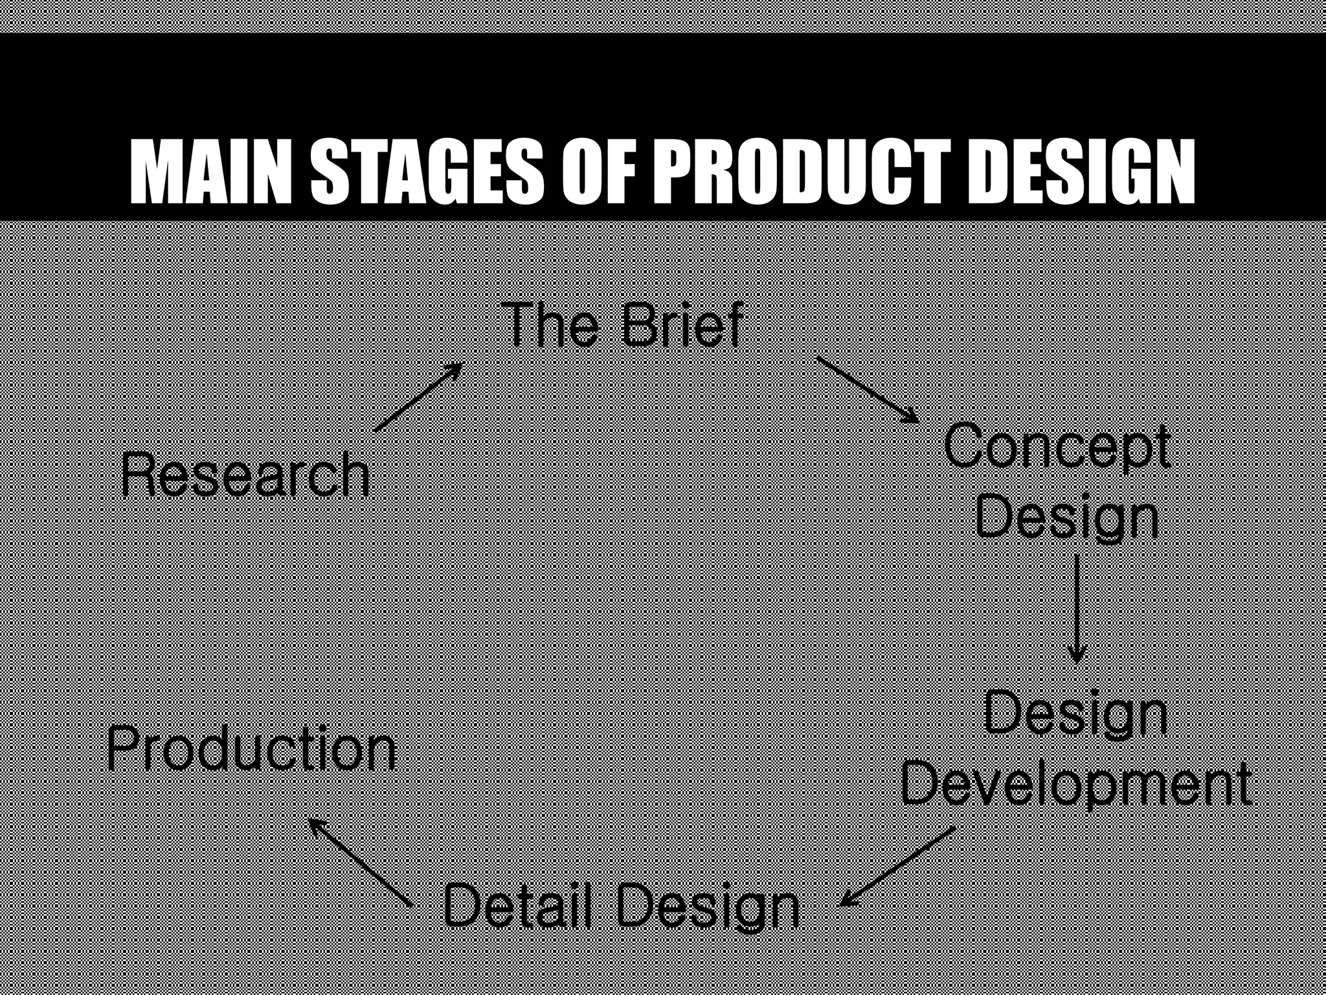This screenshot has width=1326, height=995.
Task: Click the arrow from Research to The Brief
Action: (418, 396)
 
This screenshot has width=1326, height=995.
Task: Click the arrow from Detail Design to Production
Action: (360, 862)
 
